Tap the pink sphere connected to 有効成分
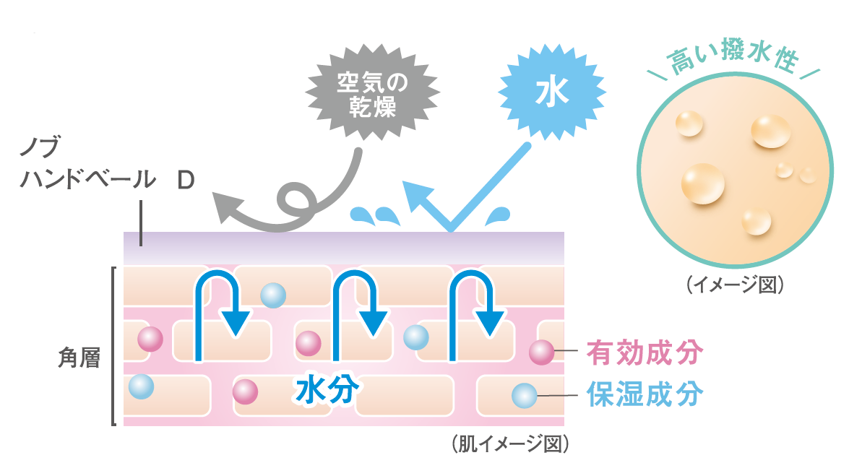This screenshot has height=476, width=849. click(x=541, y=352)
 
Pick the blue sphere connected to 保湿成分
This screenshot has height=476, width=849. click(x=524, y=396)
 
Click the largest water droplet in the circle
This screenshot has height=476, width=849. click(x=702, y=183)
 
